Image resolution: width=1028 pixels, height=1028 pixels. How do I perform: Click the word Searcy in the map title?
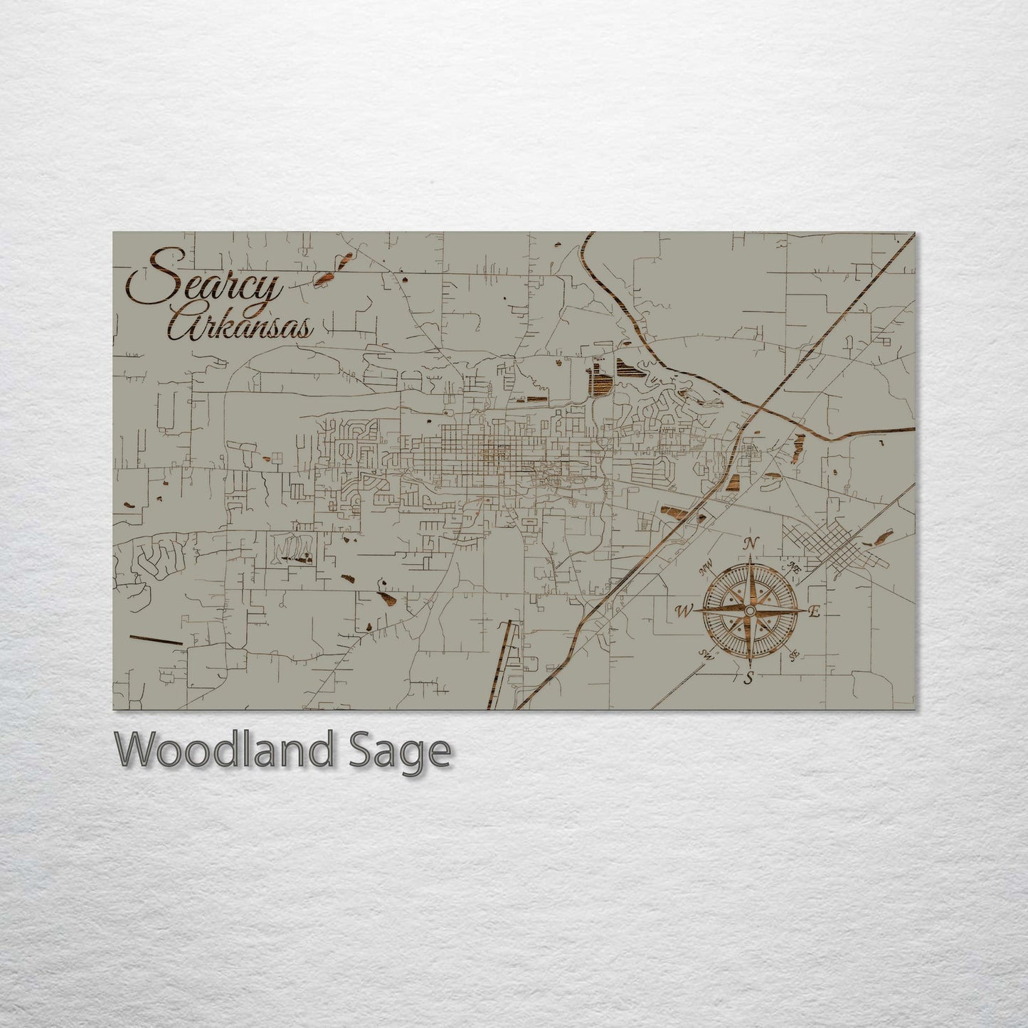click(206, 285)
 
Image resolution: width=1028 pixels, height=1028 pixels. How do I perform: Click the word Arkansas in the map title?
click(242, 326)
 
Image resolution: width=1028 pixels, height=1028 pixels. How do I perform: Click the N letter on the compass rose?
click(749, 544)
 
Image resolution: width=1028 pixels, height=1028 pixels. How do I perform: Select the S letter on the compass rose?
click(748, 678)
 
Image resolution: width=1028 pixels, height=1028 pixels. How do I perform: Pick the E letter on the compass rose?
click(815, 611)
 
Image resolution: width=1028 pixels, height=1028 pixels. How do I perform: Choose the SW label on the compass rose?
click(706, 655)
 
